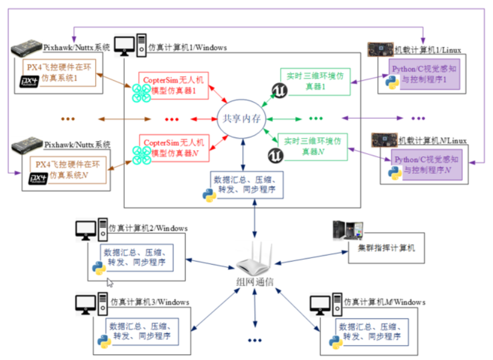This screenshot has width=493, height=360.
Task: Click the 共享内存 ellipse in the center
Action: pos(241,118)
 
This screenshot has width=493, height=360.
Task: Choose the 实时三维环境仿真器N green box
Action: pos(313,146)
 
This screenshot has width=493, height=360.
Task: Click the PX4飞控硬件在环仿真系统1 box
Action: pos(59,73)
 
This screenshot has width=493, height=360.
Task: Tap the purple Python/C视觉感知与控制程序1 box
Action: pos(424,75)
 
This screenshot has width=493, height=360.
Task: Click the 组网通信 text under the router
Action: pos(254,282)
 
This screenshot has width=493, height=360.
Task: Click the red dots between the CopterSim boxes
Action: pos(172,118)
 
